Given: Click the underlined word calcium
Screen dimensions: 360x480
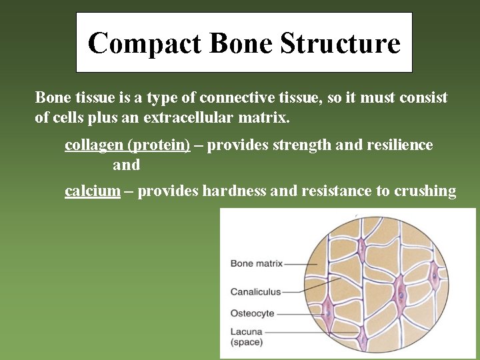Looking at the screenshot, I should pos(93,191).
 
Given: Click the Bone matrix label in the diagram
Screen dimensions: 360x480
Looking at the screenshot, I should pos(257,263).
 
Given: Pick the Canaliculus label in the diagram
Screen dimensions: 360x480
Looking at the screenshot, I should pos(256,291).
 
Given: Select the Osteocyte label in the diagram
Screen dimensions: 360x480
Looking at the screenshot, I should pos(253,313).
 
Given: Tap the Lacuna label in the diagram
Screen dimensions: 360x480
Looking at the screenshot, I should pos(247,331).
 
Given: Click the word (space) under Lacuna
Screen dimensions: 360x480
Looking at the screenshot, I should pos(247,342).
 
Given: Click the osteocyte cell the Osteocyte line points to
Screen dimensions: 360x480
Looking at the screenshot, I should pos(328,311).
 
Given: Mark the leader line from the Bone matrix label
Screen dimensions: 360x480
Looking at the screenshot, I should pos(300,263).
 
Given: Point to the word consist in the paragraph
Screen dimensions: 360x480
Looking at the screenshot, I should pos(423,98).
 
